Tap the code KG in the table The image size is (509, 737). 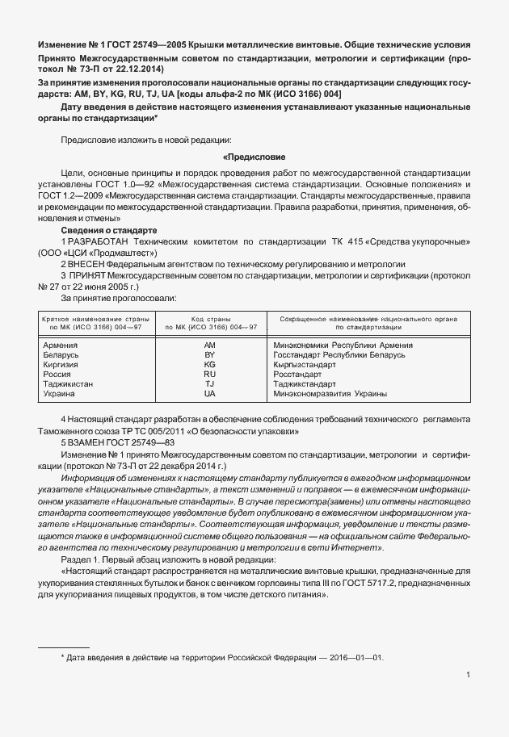click(210, 365)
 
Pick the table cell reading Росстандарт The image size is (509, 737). click(298, 375)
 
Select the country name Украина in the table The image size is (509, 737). click(58, 394)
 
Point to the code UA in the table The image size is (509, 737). click(210, 394)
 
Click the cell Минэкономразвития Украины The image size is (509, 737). click(330, 394)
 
